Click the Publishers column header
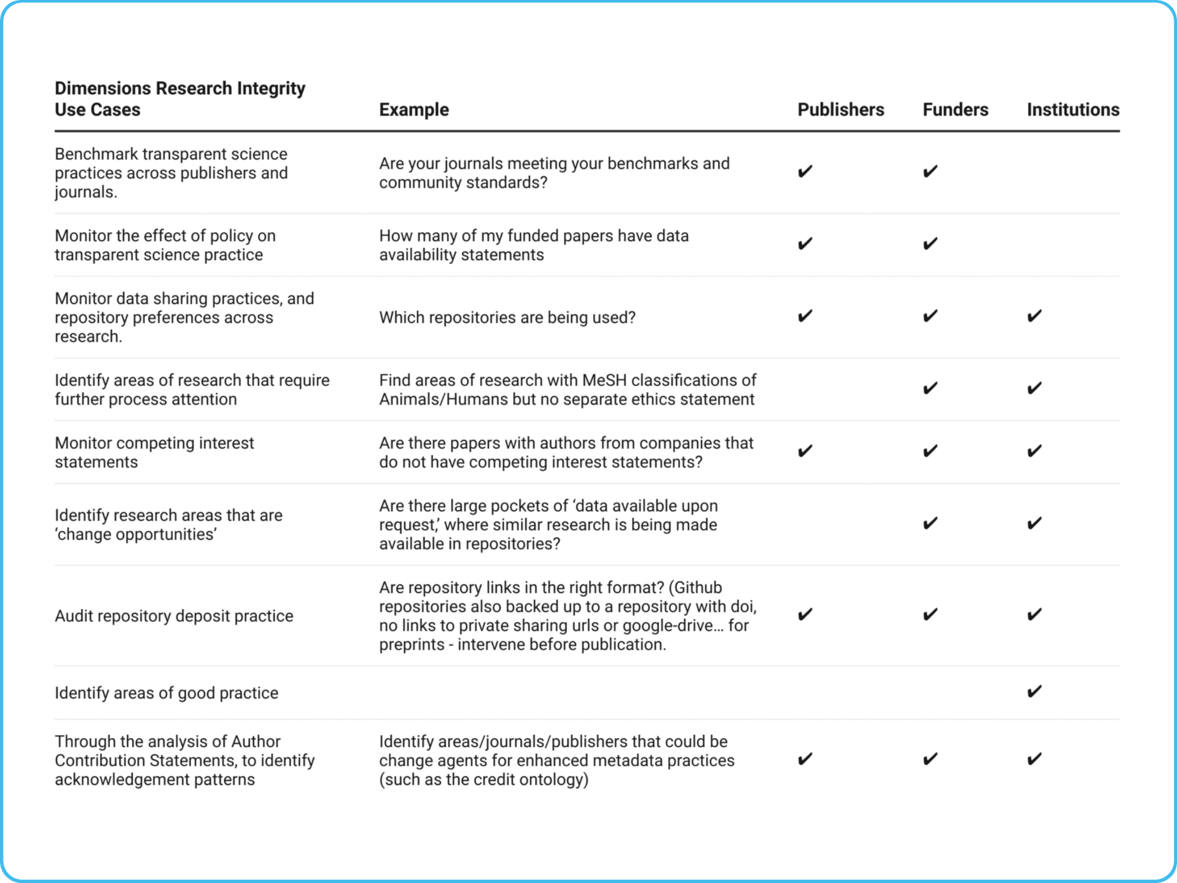(x=840, y=110)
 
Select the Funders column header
(x=955, y=110)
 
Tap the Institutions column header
(x=1073, y=110)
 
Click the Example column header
(x=414, y=110)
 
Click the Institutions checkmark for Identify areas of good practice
(x=1034, y=692)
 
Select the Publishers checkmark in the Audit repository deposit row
(x=805, y=615)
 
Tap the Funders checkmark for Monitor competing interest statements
(x=930, y=451)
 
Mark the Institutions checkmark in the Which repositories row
(x=1034, y=316)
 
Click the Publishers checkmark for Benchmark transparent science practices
(x=805, y=171)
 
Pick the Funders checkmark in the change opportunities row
(x=930, y=524)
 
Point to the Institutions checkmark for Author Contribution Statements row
(x=1034, y=759)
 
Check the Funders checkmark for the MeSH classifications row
(x=930, y=389)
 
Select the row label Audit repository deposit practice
(x=174, y=616)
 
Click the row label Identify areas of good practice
(x=166, y=693)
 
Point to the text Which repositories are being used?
(x=507, y=318)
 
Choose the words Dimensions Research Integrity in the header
(x=180, y=89)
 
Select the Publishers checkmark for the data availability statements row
(x=805, y=244)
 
